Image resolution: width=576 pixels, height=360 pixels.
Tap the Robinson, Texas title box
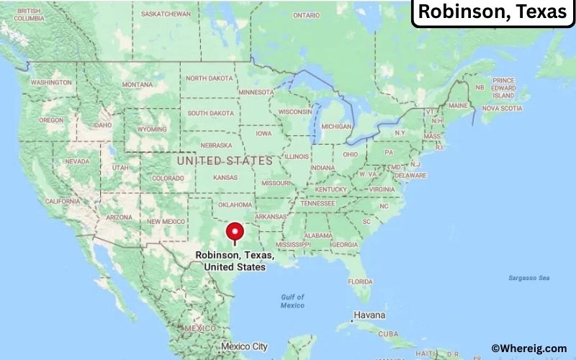point(492,12)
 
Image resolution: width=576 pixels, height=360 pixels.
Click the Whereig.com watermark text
point(529,348)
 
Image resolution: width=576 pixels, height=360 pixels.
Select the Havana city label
point(369,315)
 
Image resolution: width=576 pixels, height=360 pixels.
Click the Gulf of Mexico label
point(292,301)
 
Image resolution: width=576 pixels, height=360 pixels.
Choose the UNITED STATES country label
point(225,161)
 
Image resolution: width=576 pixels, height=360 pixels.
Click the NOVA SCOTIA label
point(501,108)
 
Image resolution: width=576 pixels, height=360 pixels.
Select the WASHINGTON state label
point(50,82)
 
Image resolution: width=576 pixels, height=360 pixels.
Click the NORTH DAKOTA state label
point(210,78)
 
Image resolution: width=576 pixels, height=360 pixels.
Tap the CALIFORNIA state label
point(63,201)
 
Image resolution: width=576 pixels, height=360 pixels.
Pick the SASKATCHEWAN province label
point(166,14)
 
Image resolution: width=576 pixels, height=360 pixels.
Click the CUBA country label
point(388,333)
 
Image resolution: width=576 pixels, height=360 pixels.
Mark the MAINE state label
point(459,106)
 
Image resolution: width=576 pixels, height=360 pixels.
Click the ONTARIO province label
point(306,15)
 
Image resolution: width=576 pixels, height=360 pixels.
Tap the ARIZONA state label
point(119,216)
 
